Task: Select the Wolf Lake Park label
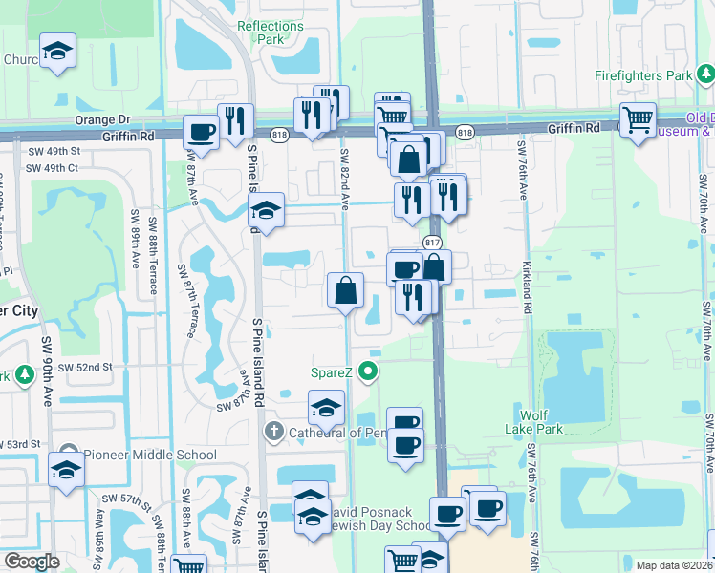(541, 422)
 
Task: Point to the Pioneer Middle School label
(150, 454)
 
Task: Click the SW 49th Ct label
(52, 168)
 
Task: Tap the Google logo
(32, 561)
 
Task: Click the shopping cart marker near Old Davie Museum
(638, 120)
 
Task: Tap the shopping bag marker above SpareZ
(345, 290)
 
